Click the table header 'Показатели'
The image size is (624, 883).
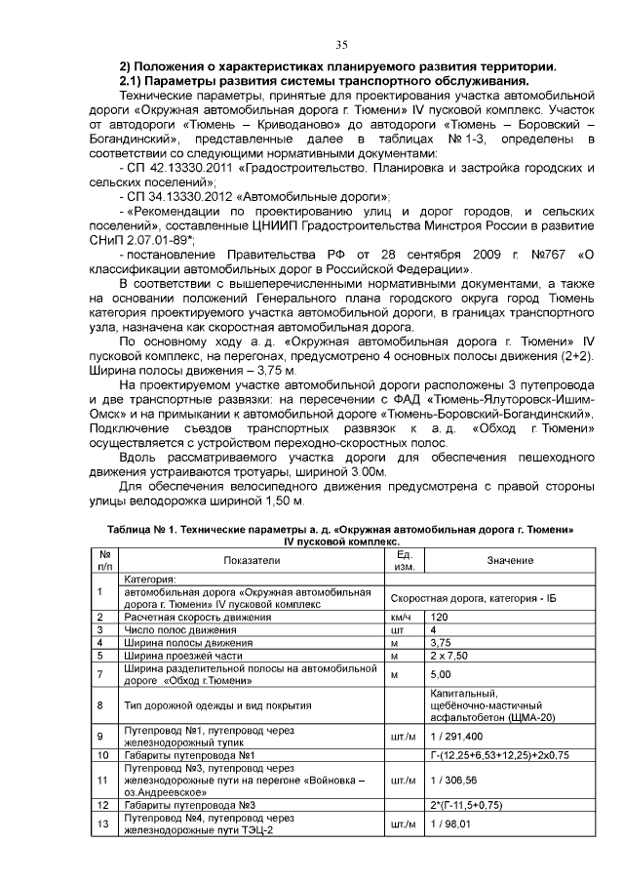tap(251, 560)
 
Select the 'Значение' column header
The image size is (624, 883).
tap(510, 560)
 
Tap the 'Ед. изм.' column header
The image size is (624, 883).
tap(405, 560)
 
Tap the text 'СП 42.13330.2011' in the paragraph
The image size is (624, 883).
tap(175, 169)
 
